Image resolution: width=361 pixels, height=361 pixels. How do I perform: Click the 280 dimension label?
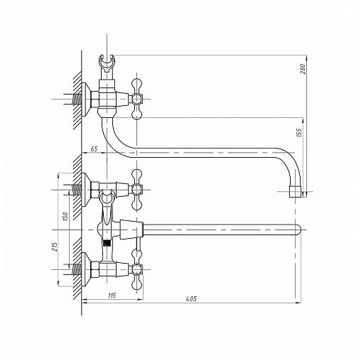pyautogui.click(x=303, y=68)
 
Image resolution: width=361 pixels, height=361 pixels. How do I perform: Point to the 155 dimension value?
pyautogui.click(x=299, y=133)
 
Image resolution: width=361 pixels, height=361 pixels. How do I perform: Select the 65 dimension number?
pyautogui.click(x=94, y=149)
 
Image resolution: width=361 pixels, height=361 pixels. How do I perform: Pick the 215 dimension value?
pyautogui.click(x=55, y=247)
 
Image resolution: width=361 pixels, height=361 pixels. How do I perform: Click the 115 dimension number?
pyautogui.click(x=112, y=296)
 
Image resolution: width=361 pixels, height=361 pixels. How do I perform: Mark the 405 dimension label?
pyautogui.click(x=191, y=298)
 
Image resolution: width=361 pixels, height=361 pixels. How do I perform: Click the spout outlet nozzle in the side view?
pyautogui.click(x=295, y=191)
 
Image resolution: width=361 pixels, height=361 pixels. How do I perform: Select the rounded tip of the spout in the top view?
pyautogui.click(x=298, y=230)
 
